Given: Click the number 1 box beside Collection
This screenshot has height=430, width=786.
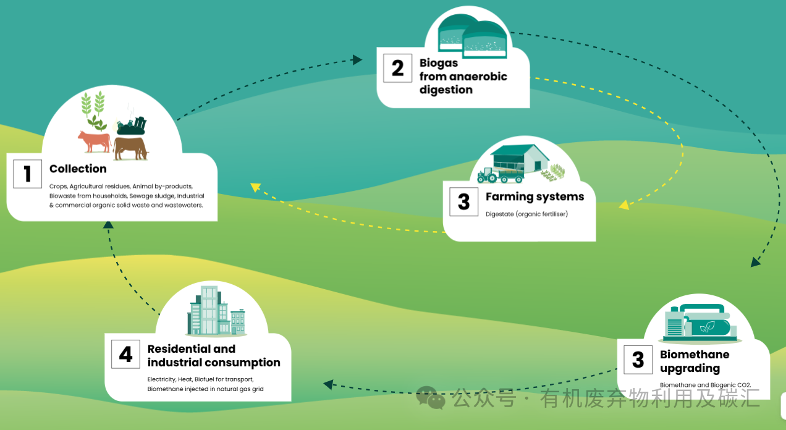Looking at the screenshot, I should [x=28, y=174].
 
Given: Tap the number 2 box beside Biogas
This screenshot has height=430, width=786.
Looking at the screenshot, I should [x=397, y=67].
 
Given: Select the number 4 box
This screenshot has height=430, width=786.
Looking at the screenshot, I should [x=126, y=354].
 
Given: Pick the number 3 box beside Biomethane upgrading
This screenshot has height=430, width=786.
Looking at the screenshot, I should [x=638, y=360].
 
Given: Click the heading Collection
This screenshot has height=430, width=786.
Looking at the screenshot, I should [x=78, y=169].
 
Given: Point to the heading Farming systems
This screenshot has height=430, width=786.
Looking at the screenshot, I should [x=535, y=196].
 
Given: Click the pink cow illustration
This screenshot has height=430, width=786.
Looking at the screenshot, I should [x=94, y=141].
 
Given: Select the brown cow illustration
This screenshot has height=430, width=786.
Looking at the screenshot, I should [x=131, y=148].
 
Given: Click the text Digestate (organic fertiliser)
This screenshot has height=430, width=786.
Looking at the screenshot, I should [x=526, y=214].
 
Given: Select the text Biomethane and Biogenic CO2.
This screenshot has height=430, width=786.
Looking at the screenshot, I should [x=705, y=385].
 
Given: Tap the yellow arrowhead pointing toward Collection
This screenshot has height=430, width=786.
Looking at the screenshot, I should [x=255, y=187].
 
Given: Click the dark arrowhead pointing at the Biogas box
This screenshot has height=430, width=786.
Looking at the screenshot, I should [x=357, y=59].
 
